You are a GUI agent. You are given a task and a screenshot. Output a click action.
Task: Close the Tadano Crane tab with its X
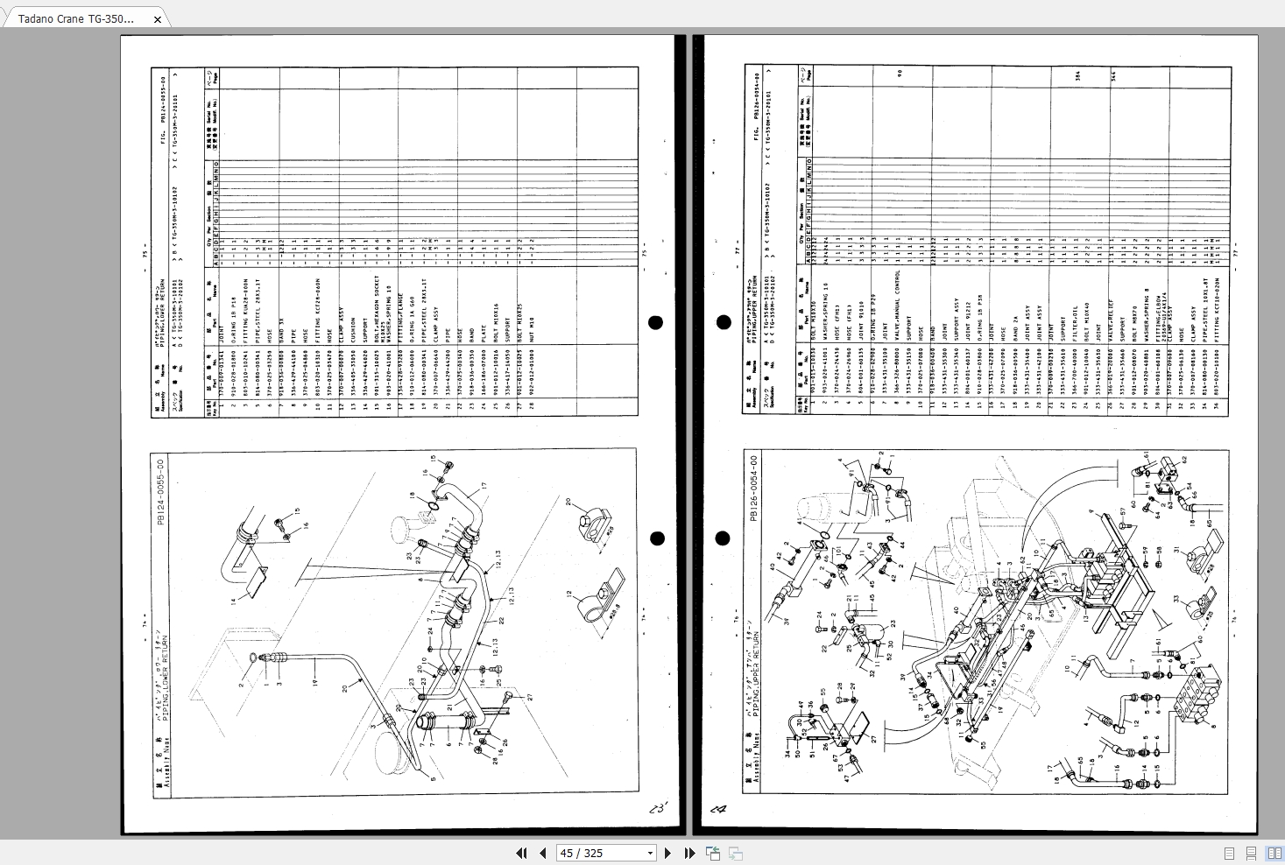(x=158, y=19)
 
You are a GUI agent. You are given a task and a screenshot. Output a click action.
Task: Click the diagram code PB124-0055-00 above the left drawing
(x=159, y=492)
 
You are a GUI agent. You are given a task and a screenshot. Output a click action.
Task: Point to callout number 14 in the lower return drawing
(x=234, y=601)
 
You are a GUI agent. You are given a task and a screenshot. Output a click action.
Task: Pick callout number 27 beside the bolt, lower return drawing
(x=530, y=697)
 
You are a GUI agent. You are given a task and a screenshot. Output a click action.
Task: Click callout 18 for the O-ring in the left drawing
(x=411, y=496)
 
